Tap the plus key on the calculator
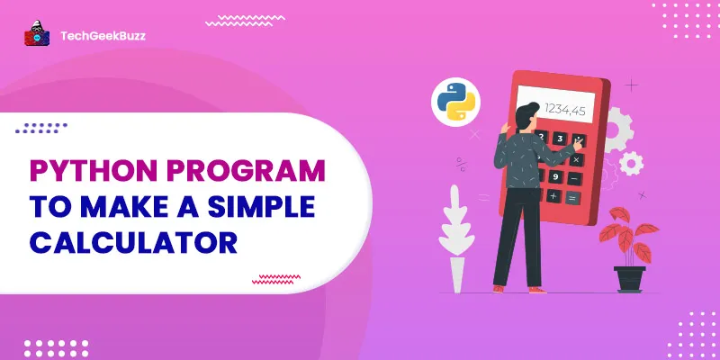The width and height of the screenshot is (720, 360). (553, 196)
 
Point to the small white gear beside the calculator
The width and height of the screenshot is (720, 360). (632, 162)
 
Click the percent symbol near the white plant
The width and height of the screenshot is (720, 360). (461, 165)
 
